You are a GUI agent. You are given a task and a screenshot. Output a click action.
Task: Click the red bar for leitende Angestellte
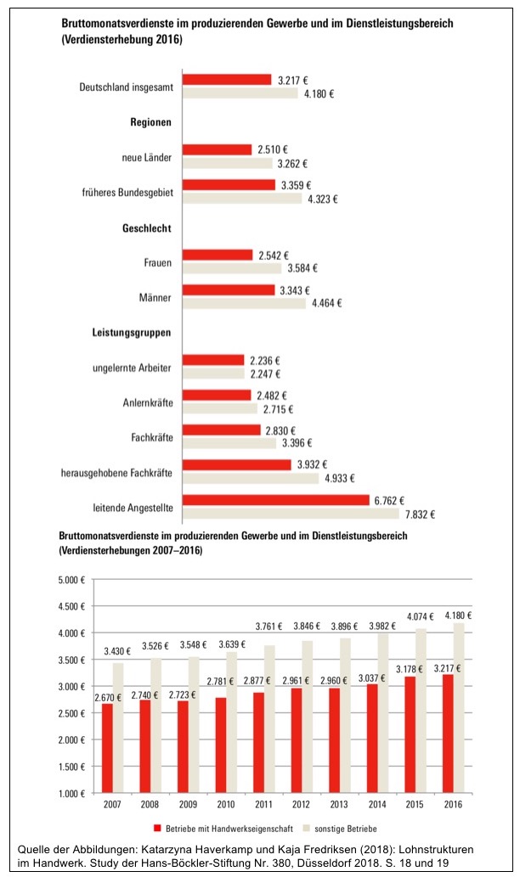[x=275, y=499]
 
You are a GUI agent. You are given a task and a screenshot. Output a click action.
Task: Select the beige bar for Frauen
[x=232, y=268]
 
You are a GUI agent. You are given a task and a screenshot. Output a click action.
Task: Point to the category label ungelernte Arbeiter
[x=133, y=368]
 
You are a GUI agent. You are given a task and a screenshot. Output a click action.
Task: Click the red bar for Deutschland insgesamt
[x=226, y=80]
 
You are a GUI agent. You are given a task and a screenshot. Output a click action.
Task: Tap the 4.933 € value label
[x=336, y=478]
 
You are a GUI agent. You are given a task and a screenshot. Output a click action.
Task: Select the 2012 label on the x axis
[x=300, y=803]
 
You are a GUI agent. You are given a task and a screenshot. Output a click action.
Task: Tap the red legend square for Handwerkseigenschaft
[x=158, y=826]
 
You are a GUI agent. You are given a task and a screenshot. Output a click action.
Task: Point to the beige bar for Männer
[x=244, y=303]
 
